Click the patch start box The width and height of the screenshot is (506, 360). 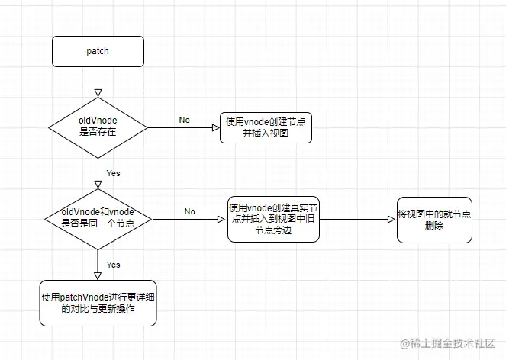98,51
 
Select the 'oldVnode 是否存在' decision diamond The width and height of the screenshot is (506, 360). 98,127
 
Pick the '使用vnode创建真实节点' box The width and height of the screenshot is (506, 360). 273,220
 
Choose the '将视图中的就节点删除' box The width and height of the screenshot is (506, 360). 434,220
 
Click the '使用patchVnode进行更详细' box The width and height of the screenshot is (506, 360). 98,304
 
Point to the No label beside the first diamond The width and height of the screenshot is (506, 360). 185,120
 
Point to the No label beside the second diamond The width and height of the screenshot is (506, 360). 189,211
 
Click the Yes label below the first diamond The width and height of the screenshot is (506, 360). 113,173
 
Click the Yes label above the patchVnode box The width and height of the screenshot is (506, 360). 113,265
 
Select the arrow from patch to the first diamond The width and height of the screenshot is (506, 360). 98,80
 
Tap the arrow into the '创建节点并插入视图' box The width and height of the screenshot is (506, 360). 183,127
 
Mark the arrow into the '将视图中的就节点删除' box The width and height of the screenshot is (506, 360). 359,220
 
